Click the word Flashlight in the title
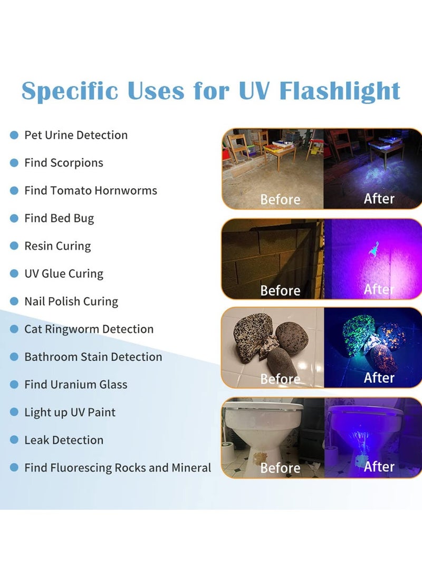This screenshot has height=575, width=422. tap(339, 91)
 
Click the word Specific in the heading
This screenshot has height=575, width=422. tap(70, 91)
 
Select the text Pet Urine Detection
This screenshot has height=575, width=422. tap(76, 135)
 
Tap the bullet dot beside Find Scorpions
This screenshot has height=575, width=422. tap(14, 163)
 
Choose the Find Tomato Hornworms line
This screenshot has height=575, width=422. tap(91, 190)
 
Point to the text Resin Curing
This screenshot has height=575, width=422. tap(57, 246)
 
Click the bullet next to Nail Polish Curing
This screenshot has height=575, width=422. tap(14, 301)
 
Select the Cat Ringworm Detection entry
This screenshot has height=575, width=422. tap(89, 329)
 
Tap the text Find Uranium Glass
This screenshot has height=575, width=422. tap(76, 384)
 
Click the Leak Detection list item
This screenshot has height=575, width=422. tap(64, 440)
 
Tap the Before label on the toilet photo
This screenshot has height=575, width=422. tap(280, 467)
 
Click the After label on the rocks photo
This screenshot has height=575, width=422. tap(379, 378)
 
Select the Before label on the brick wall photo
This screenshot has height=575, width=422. tap(280, 290)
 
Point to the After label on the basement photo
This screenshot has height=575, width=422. tap(379, 199)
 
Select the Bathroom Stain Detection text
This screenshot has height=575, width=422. tap(93, 357)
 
